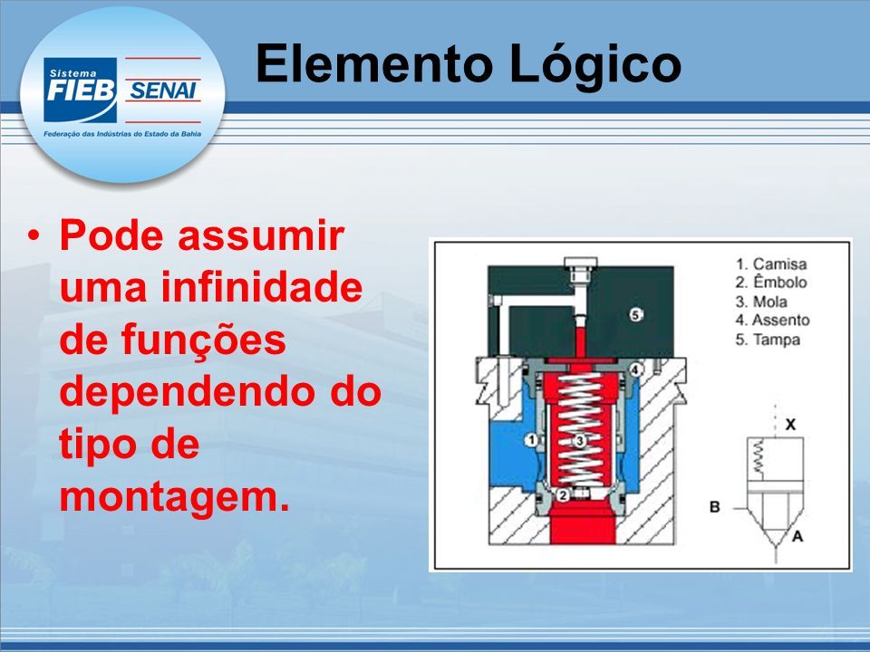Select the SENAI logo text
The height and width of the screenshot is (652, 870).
point(162,91)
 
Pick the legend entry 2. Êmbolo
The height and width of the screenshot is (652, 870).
point(771,283)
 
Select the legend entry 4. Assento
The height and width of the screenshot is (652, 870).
point(772,321)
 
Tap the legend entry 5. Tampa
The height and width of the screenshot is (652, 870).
point(768,340)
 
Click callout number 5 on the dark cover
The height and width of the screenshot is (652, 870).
point(636,315)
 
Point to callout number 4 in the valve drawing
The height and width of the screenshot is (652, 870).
point(636,369)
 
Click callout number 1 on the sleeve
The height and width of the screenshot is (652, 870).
point(531,440)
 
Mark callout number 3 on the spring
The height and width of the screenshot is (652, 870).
point(579,441)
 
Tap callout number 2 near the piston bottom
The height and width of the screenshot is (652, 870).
point(563,495)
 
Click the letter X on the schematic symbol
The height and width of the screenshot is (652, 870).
point(790,425)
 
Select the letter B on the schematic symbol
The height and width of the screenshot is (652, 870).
point(715,507)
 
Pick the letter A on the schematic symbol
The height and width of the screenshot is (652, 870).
point(797,536)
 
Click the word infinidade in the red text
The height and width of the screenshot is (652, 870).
point(262,287)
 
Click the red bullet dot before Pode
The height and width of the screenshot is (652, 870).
point(34,236)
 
